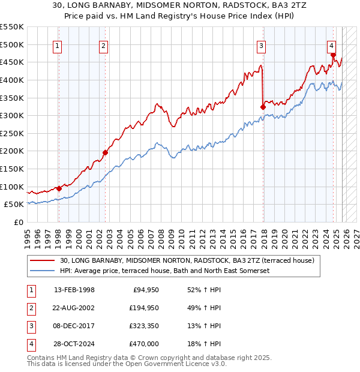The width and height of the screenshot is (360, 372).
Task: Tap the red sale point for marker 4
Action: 332,54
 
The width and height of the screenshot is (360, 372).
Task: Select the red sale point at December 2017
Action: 263,107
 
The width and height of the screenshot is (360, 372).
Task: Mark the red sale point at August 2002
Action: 105,152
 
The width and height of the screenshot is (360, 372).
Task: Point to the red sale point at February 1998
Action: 59,188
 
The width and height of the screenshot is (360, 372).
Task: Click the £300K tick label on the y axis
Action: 11,115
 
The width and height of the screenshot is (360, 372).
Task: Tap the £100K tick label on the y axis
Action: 11,187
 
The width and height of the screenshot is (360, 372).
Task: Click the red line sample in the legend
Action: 43,261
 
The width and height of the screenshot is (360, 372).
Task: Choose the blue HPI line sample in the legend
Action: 43,271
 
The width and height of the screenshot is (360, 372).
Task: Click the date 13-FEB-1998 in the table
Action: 74,290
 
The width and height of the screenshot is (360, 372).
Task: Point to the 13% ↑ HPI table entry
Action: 205,326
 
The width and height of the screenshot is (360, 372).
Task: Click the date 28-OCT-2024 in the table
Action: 74,344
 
